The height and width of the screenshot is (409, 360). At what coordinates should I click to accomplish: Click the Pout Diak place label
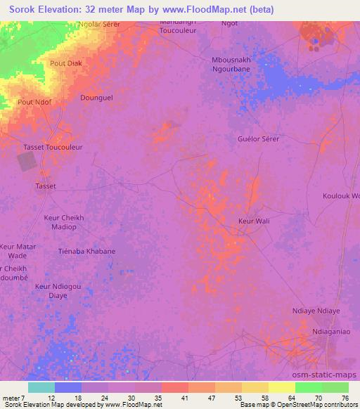coord(66,63)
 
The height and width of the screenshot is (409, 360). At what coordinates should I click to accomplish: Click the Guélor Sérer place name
coord(259,139)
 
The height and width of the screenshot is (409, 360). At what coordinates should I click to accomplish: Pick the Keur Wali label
coord(254,221)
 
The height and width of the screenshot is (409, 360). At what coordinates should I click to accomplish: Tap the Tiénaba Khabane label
coord(87,251)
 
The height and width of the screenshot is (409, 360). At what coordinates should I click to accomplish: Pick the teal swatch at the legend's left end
coord(41,387)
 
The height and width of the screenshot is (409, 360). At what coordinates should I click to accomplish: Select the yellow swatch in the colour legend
coord(282,387)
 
